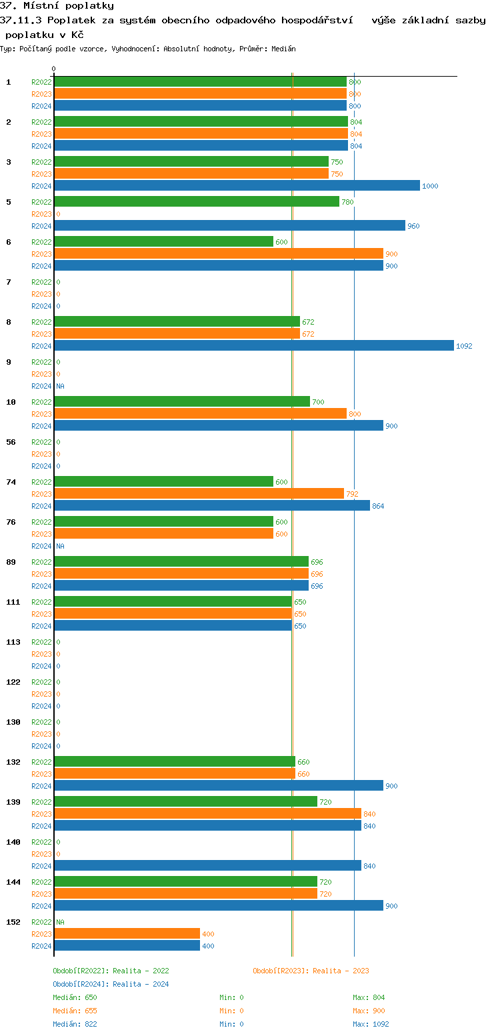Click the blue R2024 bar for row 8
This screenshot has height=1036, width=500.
click(253, 346)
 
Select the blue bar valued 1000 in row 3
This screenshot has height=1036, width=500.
click(237, 186)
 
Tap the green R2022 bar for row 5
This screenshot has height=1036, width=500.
click(197, 202)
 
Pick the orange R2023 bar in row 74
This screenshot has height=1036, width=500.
click(199, 494)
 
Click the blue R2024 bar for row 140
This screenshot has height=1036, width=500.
click(207, 866)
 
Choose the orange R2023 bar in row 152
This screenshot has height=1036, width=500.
click(127, 934)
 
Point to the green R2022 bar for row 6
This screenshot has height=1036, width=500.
click(163, 242)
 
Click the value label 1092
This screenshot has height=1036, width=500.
click(464, 347)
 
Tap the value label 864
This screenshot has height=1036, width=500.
click(378, 507)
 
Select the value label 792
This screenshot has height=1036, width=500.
click(352, 495)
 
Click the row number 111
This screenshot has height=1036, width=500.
click(13, 603)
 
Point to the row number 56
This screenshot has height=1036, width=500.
click(11, 443)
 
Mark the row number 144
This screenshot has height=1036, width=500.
click(13, 883)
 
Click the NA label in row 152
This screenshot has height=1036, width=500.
click(60, 923)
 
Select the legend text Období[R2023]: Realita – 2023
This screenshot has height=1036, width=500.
click(311, 971)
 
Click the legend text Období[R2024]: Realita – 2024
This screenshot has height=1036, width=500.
click(111, 985)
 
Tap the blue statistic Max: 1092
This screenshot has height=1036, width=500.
click(371, 1025)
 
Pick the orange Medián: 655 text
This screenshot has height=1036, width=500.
click(75, 1011)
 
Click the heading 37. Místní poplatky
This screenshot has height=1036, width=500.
click(57, 6)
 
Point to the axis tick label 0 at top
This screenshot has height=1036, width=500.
click(54, 69)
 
